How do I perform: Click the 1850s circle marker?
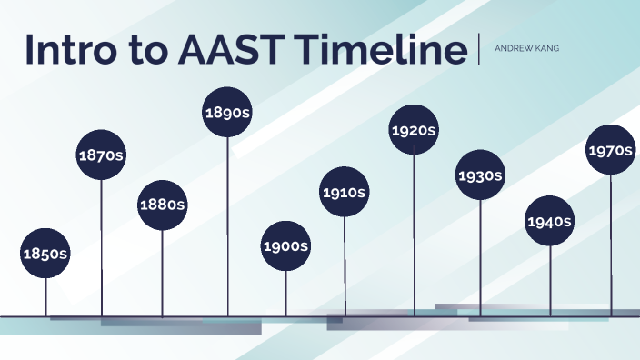click(x=45, y=253)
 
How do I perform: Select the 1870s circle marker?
click(x=101, y=155)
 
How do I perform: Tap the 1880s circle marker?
click(x=162, y=205)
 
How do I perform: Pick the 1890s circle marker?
click(x=227, y=112)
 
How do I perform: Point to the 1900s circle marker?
click(x=285, y=246)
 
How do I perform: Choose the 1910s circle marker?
click(x=344, y=192)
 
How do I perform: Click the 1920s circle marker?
click(x=415, y=130)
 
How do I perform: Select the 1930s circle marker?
click(x=480, y=175)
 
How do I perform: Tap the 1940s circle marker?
click(x=549, y=221)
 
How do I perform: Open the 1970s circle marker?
click(x=610, y=149)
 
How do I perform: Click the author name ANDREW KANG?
click(x=526, y=49)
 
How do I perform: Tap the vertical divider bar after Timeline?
click(x=478, y=49)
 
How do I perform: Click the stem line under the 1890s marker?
click(x=227, y=227)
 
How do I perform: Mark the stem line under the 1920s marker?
click(x=415, y=236)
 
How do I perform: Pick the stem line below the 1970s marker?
click(x=611, y=245)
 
